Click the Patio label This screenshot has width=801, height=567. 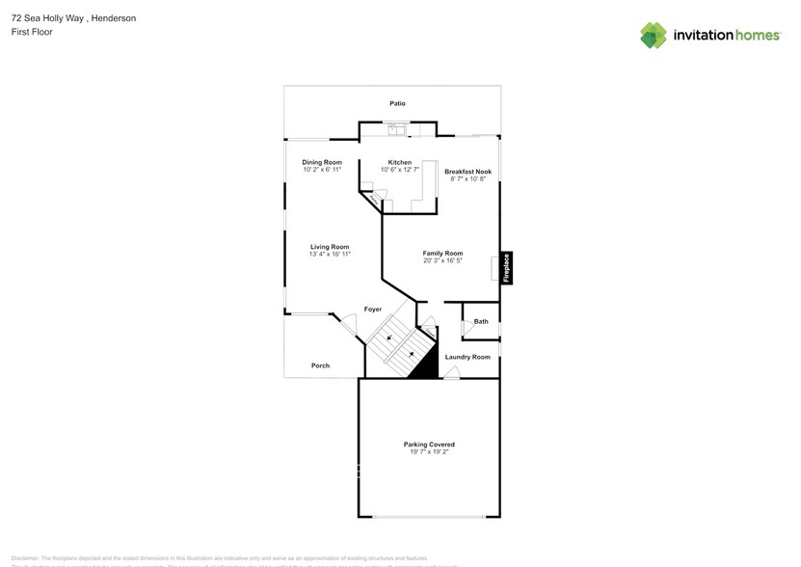point(397,103)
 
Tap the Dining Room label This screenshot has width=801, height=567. point(322,162)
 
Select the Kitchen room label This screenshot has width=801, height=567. point(400,162)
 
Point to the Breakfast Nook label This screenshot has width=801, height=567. point(469,172)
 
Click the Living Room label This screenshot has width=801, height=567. point(330,247)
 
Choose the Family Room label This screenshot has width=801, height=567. point(442,254)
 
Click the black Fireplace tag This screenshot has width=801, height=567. point(507,267)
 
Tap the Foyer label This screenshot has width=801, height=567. point(373,310)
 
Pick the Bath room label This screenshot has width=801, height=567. point(480,321)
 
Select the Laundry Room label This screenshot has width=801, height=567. point(467,357)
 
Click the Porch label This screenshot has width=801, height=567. point(320,365)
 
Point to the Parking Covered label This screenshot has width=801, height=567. point(429,445)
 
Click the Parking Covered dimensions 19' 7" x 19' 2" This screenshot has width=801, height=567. point(429,451)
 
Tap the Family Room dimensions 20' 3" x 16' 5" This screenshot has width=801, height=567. point(442,260)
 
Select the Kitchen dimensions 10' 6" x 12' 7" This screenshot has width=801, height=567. point(400,169)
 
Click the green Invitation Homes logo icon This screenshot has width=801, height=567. point(654,36)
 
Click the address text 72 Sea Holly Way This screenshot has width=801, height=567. point(48,18)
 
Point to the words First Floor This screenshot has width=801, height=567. point(32,32)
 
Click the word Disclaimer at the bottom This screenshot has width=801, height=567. point(25,558)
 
